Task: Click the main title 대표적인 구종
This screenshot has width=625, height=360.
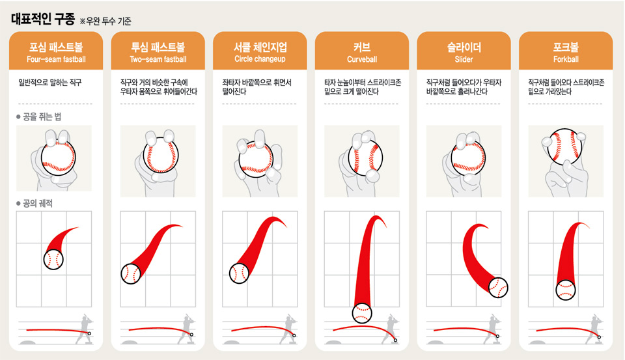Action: click(43, 19)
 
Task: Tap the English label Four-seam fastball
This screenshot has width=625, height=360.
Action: click(56, 59)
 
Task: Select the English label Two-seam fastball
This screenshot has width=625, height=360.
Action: click(158, 59)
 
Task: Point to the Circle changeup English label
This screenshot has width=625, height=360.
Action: click(260, 59)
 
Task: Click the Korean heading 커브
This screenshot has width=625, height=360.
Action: click(362, 48)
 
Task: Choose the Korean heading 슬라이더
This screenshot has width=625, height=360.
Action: click(464, 48)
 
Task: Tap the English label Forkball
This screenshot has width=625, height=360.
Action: click(566, 59)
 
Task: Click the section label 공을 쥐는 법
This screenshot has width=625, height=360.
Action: click(42, 117)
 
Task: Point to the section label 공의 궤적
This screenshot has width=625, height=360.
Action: click(38, 203)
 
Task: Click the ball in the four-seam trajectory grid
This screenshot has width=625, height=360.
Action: click(53, 260)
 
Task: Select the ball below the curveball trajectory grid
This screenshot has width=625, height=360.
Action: click(362, 313)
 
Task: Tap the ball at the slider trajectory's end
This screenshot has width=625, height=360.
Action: click(498, 288)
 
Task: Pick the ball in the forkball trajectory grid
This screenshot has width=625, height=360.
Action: click(566, 290)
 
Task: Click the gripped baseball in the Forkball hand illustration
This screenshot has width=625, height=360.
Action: click(565, 146)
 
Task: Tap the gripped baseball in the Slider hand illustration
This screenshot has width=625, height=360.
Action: click(468, 157)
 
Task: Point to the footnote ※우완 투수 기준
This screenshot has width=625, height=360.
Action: click(105, 21)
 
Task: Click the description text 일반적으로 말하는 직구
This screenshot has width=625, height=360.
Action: click(50, 83)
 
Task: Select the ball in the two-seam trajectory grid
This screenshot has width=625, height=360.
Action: click(131, 274)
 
